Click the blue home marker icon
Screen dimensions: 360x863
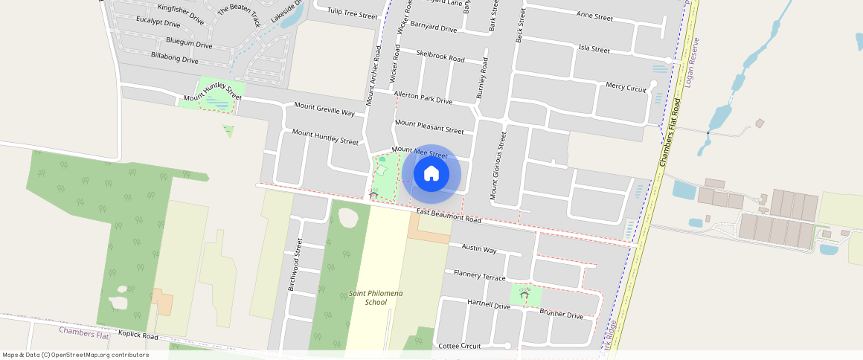[431, 174]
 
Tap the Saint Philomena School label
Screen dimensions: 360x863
[376, 298]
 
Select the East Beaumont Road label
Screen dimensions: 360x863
[449, 216]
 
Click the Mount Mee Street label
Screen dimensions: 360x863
[420, 152]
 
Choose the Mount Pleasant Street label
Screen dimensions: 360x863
[429, 126]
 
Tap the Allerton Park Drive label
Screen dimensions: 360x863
[423, 97]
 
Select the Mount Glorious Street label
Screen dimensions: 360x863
[497, 165]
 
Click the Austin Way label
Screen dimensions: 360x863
[479, 248]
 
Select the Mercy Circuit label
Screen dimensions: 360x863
[626, 87]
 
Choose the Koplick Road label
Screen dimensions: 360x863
[138, 336]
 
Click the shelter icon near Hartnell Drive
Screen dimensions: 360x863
[524, 295]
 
